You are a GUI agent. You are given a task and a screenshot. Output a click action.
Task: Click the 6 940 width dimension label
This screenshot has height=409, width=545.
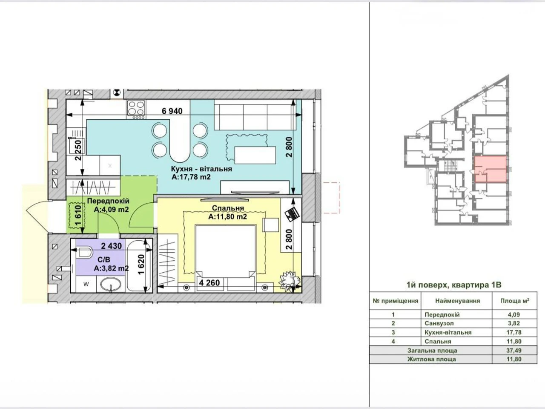pyautogui.click(x=172, y=111)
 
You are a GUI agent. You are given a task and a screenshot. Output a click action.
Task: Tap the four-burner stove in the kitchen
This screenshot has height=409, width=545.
pyautogui.click(x=136, y=109)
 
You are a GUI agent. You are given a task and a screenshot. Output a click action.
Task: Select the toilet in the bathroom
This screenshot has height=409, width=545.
pyautogui.click(x=84, y=253)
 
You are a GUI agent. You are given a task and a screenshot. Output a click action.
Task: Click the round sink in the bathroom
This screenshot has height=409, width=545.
pyautogui.click(x=109, y=285)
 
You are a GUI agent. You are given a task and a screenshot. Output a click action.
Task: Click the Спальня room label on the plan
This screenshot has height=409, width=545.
pyautogui.click(x=228, y=208)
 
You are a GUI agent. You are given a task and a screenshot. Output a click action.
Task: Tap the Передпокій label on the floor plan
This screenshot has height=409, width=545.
pyautogui.click(x=108, y=201)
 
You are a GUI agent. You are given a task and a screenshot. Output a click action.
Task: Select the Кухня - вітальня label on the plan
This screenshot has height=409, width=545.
pyautogui.click(x=201, y=169)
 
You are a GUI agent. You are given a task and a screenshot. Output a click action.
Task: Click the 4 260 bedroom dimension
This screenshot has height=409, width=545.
pyautogui.click(x=209, y=282)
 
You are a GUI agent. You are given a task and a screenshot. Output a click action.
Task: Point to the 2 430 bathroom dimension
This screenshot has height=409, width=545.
pyautogui.click(x=112, y=246)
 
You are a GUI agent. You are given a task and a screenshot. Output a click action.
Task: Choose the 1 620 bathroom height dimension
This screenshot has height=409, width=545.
pyautogui.click(x=141, y=265)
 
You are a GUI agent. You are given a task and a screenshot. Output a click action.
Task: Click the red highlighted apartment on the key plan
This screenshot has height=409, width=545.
pyautogui.click(x=490, y=169)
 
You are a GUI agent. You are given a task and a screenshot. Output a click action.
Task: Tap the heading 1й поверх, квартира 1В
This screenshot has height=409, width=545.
pyautogui.click(x=454, y=285)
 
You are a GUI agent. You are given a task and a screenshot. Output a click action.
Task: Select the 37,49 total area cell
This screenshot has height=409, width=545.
pyautogui.click(x=514, y=350)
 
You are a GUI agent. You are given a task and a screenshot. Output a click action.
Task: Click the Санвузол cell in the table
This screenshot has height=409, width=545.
pyautogui.click(x=439, y=323)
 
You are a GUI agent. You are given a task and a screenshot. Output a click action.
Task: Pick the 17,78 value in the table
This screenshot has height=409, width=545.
pyautogui.click(x=514, y=332)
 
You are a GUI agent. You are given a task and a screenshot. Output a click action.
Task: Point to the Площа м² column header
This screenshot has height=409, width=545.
pyautogui.click(x=515, y=301)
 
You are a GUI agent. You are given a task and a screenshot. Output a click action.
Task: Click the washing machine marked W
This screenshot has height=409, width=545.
pyautogui.click(x=86, y=284)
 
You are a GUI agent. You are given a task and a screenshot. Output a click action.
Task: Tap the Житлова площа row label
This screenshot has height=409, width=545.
pyautogui.click(x=432, y=359)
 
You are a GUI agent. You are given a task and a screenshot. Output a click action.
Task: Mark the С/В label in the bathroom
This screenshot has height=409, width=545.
pyautogui.click(x=104, y=260)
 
